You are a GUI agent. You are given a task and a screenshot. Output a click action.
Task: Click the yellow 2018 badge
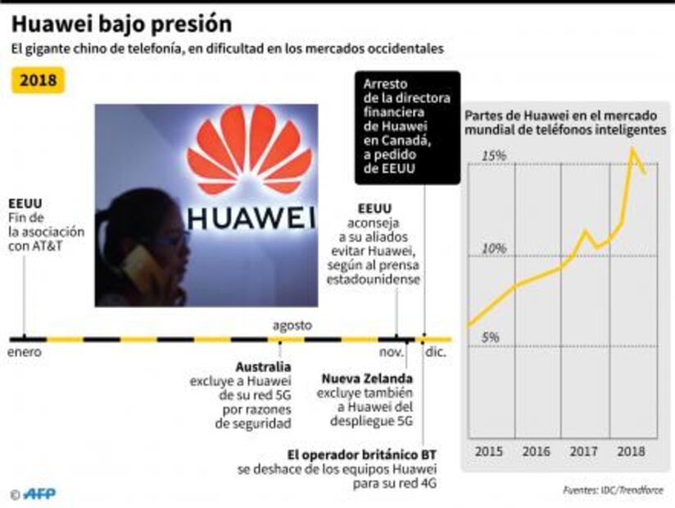pos(38,80)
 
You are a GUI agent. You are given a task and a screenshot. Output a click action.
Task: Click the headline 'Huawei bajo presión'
pos(121,23)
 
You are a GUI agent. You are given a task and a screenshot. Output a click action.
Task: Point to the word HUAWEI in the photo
pos(251,218)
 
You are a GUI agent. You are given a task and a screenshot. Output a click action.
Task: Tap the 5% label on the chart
pos(491,337)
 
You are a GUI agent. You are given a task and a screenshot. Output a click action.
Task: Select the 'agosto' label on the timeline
pos(292,325)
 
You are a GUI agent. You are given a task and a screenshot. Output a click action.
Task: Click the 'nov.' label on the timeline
pos(391,352)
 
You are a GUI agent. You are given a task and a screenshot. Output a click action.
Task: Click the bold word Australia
pos(263,366)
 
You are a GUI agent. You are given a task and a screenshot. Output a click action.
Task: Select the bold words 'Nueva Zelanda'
pos(366,379)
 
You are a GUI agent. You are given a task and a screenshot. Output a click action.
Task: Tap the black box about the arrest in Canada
pos(407,128)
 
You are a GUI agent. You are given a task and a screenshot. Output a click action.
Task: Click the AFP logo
pos(39,493)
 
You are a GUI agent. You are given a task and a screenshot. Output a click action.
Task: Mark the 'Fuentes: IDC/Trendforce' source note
pos(613,490)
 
